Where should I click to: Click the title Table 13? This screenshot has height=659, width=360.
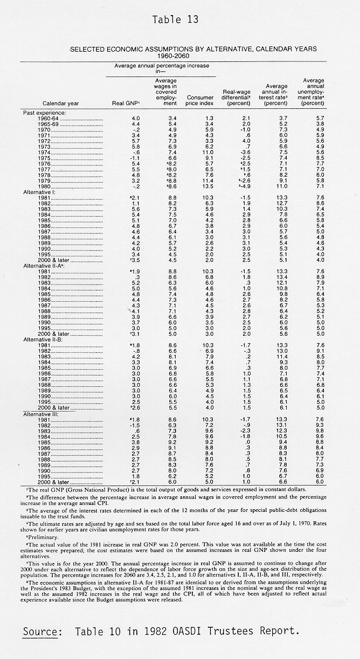(x=175, y=20)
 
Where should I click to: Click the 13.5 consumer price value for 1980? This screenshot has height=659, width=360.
(x=199, y=186)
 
